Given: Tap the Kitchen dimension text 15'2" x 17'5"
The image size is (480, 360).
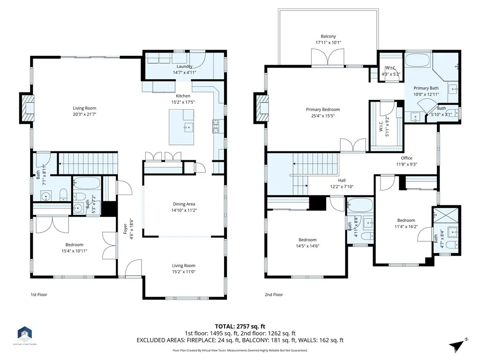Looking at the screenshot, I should click(x=183, y=102).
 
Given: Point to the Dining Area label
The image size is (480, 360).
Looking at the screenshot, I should click(x=184, y=204).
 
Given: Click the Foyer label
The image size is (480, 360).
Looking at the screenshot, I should click(x=125, y=230).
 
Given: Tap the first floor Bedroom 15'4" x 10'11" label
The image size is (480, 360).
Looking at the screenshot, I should click(x=74, y=245).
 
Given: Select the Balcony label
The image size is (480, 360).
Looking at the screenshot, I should click(x=328, y=36).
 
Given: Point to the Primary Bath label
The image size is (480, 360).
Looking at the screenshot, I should click(x=426, y=88).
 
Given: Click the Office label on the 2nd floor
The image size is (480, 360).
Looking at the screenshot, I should click(x=406, y=158).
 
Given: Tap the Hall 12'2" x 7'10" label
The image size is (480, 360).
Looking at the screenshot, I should click(x=342, y=180).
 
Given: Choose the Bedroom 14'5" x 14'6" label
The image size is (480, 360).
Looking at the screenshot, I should click(x=307, y=240).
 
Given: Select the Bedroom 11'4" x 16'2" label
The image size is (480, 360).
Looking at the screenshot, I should click(x=406, y=220).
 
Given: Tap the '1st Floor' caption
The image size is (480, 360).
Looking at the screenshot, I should click(x=38, y=295).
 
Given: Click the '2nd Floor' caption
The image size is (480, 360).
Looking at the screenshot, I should click(x=274, y=295).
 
